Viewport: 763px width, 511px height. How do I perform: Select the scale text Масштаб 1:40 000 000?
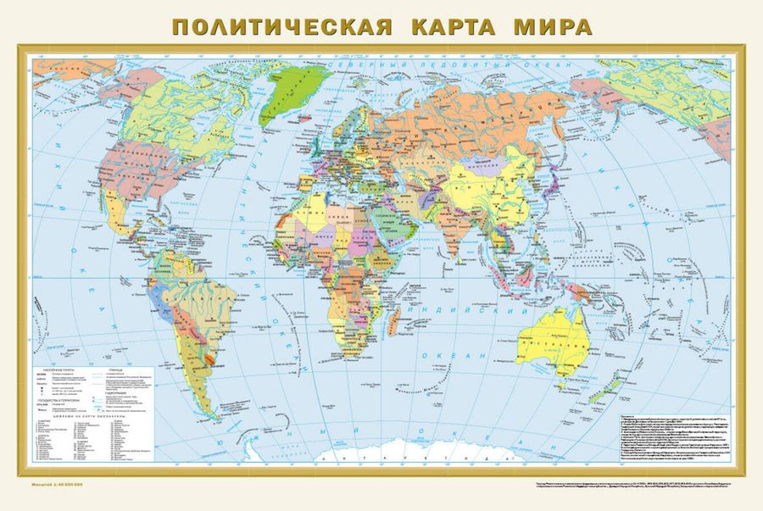(x=63, y=485)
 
